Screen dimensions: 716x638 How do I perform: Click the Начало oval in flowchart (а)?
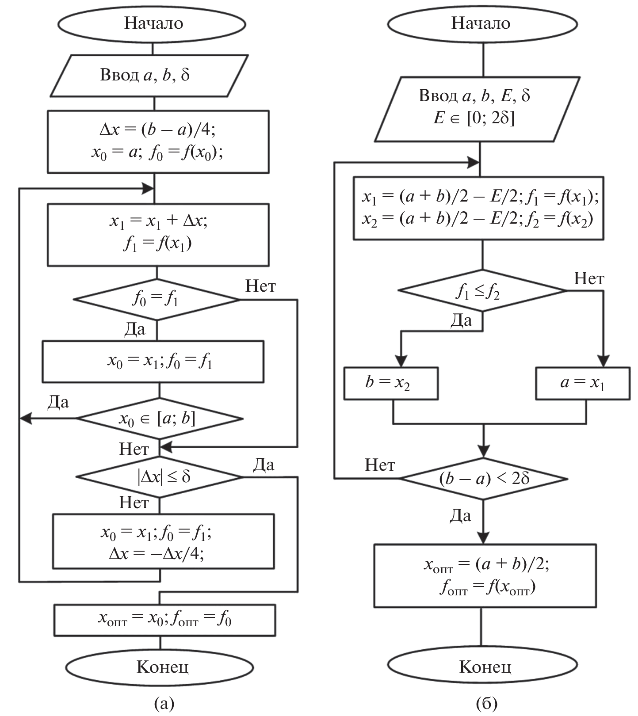(153, 23)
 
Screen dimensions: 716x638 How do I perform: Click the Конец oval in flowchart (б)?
(483, 666)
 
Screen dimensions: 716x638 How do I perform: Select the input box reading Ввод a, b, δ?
(149, 75)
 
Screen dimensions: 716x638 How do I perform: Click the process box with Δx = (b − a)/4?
(158, 141)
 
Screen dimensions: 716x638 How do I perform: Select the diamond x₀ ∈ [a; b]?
(160, 419)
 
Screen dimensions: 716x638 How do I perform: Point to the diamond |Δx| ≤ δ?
(160, 477)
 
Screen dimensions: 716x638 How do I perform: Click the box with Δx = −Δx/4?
(163, 541)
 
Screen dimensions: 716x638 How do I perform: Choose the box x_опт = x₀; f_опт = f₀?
(164, 620)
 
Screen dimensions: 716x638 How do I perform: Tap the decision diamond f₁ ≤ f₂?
(482, 291)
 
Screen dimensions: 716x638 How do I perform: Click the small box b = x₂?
(391, 383)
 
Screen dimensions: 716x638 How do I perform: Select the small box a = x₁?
(583, 383)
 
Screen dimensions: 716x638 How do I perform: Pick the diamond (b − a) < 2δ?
(484, 479)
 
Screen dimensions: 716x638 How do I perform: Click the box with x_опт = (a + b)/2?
(485, 575)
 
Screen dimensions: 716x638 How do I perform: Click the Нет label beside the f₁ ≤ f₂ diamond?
(589, 278)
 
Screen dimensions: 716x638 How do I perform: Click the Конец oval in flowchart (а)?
(160, 666)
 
